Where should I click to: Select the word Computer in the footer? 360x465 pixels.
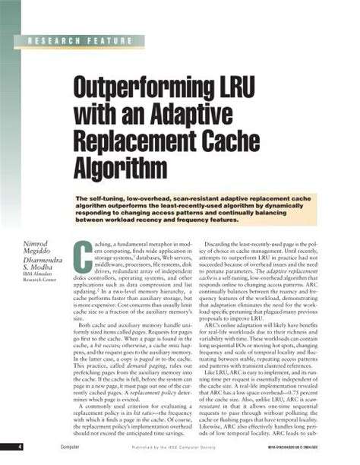(x=51, y=447)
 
